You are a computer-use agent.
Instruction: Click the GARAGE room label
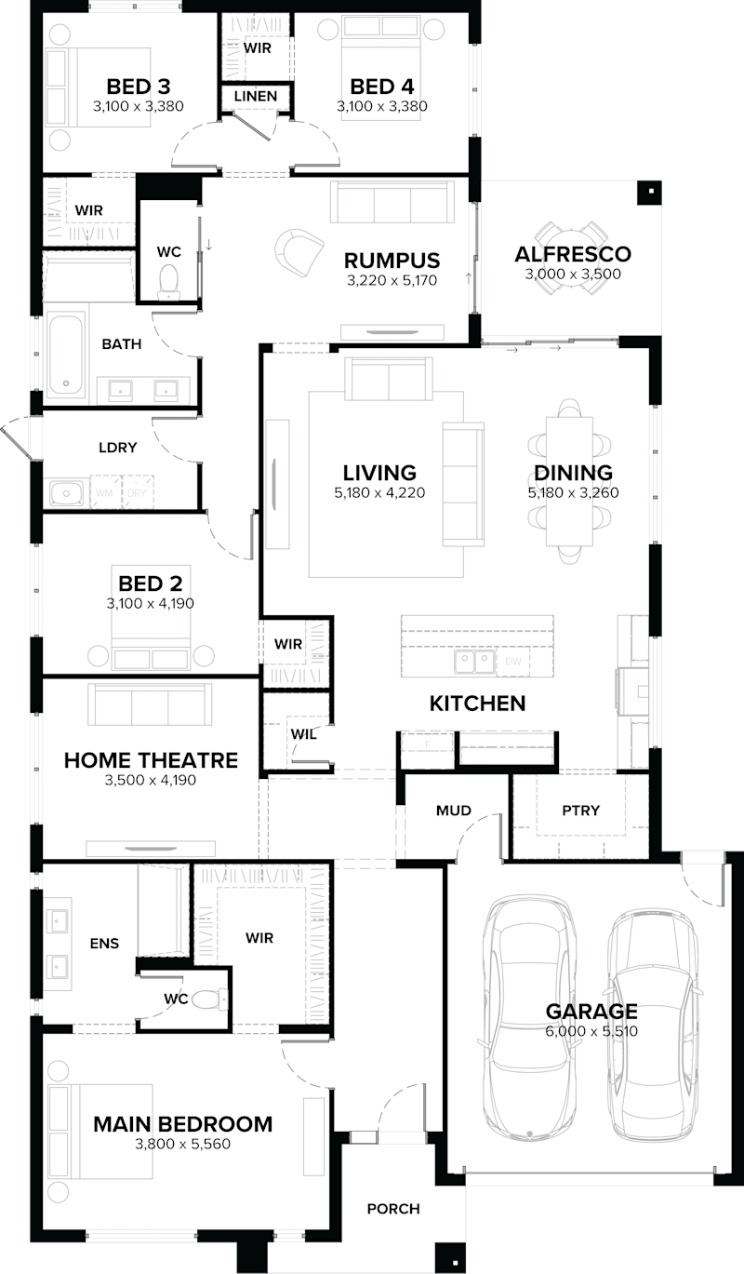(x=591, y=1011)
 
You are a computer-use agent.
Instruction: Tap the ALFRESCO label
(x=572, y=254)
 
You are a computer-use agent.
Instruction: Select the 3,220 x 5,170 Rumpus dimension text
(x=391, y=279)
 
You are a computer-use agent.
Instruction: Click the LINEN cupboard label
(x=255, y=96)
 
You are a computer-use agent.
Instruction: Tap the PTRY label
(x=580, y=810)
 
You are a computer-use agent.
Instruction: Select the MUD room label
(x=454, y=810)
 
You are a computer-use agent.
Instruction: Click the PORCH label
(x=392, y=1209)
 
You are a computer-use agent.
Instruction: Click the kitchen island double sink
(x=474, y=660)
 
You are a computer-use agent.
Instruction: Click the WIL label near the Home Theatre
(x=302, y=734)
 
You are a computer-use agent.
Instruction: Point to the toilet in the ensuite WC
(x=215, y=999)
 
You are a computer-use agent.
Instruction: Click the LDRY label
(x=117, y=448)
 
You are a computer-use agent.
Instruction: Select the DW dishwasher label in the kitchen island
(x=513, y=661)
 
